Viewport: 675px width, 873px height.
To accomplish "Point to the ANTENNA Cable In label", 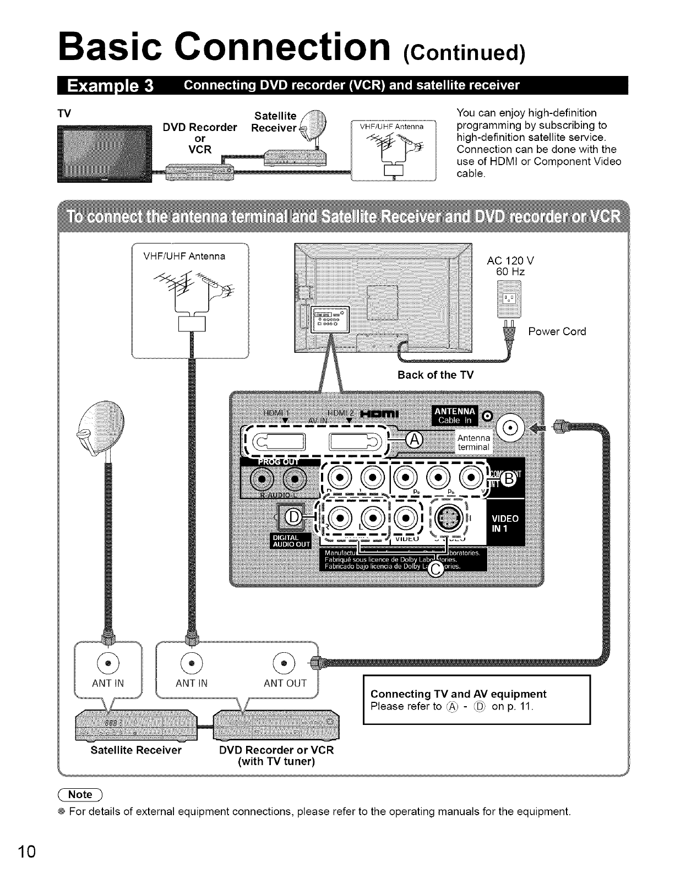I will tap(452, 417).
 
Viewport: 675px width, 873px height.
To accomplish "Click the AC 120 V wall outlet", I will tap(508, 298).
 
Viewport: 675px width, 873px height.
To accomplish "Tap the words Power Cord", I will tap(557, 331).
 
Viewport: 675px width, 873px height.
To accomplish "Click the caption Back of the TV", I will tap(435, 375).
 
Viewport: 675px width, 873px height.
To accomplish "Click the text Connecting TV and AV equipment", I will tap(459, 694).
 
